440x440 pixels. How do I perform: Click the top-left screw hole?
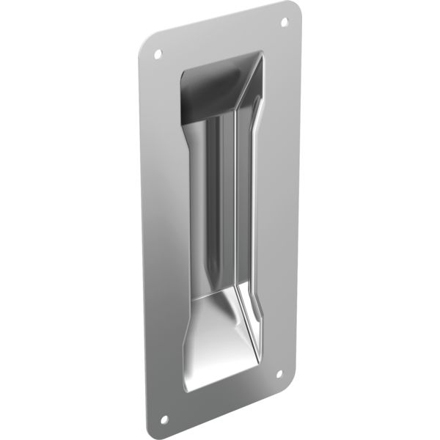156,54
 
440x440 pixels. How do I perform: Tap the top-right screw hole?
285,23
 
